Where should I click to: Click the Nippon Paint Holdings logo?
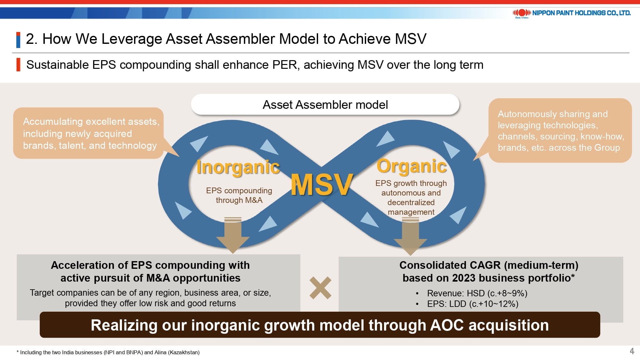tap(572, 13)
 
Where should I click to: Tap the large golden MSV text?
tap(322, 185)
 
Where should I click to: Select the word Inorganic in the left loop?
tap(238, 167)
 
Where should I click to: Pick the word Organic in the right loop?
tap(412, 166)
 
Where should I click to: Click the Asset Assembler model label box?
tap(325, 105)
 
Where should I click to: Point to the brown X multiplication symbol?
tap(320, 288)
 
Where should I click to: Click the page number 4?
tap(632, 351)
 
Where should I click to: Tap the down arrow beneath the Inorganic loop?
tap(233, 235)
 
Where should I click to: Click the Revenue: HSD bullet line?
tap(477, 293)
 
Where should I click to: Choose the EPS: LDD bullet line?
tap(472, 304)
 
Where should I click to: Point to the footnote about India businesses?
tap(108, 352)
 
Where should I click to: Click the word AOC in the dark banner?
tap(447, 325)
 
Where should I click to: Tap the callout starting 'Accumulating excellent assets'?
tap(89, 133)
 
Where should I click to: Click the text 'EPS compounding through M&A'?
tap(239, 195)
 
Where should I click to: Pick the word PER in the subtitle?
tap(285, 65)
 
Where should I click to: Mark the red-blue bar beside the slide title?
tap(18, 40)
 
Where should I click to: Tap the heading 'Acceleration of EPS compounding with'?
tap(150, 265)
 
